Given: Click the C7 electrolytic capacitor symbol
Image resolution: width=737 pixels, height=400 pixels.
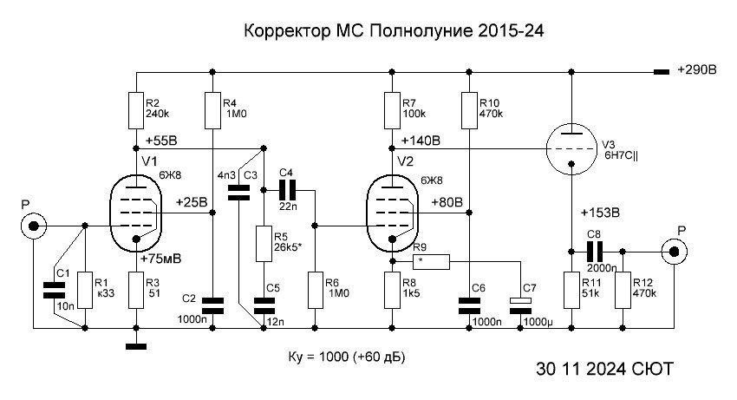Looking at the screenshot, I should pos(520,305).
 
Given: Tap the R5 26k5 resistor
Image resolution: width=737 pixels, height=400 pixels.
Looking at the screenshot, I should pos(263,244).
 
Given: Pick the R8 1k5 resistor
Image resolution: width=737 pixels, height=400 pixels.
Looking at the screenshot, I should pos(392,289).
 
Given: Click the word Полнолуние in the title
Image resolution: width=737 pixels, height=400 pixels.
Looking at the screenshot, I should pos(421,31).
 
